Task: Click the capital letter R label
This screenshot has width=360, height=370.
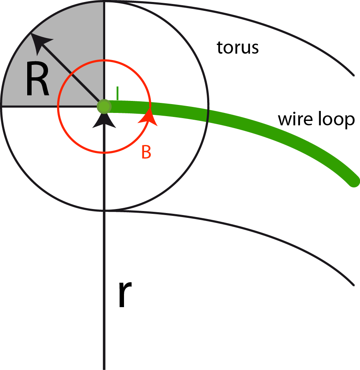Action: (x=37, y=80)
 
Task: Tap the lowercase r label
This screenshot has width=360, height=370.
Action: (x=125, y=296)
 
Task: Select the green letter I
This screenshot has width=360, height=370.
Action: (x=117, y=93)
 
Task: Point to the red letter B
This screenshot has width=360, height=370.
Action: (x=146, y=153)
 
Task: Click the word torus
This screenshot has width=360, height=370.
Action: (x=238, y=48)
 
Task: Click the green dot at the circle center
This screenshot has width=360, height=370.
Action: (x=104, y=106)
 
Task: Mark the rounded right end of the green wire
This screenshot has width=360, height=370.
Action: (x=354, y=181)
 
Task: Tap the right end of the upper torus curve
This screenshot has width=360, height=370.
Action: (x=353, y=74)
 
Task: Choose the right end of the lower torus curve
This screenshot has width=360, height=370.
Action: (x=353, y=285)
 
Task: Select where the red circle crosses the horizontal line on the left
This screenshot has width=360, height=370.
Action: (x=58, y=106)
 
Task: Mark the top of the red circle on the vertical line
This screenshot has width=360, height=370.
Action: (x=104, y=60)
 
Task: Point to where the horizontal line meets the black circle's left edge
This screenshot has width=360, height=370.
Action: (x=1, y=106)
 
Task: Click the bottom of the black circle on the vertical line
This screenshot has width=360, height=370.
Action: (x=104, y=210)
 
